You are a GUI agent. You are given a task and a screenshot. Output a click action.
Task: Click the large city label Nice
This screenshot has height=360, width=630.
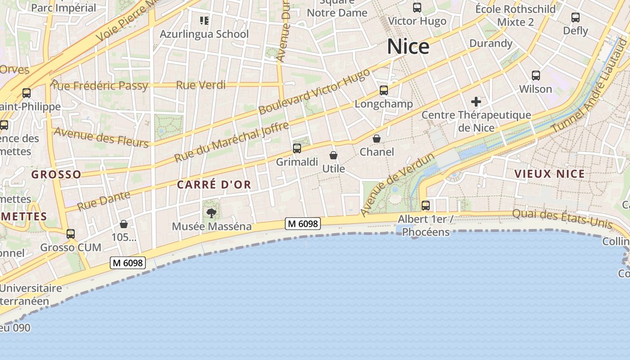[x=408, y=47]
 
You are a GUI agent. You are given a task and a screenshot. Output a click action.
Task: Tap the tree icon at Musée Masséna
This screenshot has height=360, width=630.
[x=211, y=213]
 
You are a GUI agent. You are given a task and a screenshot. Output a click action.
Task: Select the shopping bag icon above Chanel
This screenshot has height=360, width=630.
[x=377, y=139]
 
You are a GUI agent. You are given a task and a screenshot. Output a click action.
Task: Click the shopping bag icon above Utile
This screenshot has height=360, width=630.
[x=333, y=155]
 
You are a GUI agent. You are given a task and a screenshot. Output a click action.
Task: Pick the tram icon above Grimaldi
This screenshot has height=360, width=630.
[x=297, y=148]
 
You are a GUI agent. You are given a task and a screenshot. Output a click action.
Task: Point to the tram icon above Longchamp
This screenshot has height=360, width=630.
[x=384, y=90]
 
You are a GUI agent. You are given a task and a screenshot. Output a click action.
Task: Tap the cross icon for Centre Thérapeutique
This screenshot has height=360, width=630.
[x=476, y=102]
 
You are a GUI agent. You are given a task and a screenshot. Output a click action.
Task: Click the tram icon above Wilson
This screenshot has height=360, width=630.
[x=535, y=76]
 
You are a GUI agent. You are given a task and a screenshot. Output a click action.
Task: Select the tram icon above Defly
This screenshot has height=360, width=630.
[x=576, y=18]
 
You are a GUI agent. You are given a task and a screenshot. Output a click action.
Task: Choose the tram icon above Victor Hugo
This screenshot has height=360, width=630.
[x=417, y=8]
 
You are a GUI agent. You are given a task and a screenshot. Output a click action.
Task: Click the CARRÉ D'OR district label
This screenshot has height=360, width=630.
[x=214, y=184]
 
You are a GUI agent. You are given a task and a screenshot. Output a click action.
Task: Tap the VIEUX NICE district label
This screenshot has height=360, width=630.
[x=549, y=174]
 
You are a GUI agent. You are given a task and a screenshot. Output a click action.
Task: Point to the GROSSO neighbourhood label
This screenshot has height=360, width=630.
[x=56, y=174]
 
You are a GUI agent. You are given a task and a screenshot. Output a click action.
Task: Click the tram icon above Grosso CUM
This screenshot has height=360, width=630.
[x=71, y=234]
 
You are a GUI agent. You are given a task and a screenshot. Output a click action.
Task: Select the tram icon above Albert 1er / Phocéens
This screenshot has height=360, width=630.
[x=426, y=206]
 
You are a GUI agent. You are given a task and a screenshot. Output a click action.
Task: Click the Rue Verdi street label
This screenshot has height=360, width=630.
[x=201, y=85]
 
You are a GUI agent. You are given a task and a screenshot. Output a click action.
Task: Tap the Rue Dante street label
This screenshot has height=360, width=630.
[x=103, y=201]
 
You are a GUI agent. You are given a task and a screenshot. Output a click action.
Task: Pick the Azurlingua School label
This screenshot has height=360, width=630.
[x=204, y=34]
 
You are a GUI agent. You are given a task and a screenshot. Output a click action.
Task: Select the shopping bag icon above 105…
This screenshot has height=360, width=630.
[x=124, y=224]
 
